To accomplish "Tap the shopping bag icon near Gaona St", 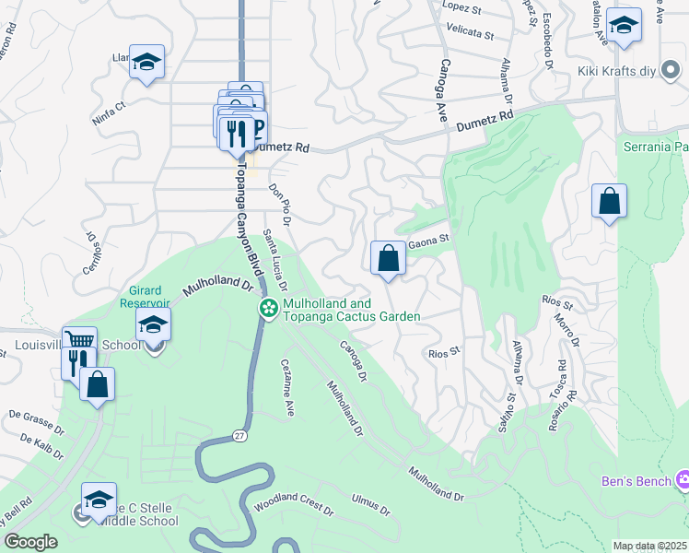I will tap(389, 258).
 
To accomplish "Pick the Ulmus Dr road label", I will tap(371, 505).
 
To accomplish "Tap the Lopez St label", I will tap(463, 6).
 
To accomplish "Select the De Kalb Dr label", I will tap(39, 448).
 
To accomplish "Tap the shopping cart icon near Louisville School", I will tap(79, 340).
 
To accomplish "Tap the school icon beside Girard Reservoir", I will tap(153, 324).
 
